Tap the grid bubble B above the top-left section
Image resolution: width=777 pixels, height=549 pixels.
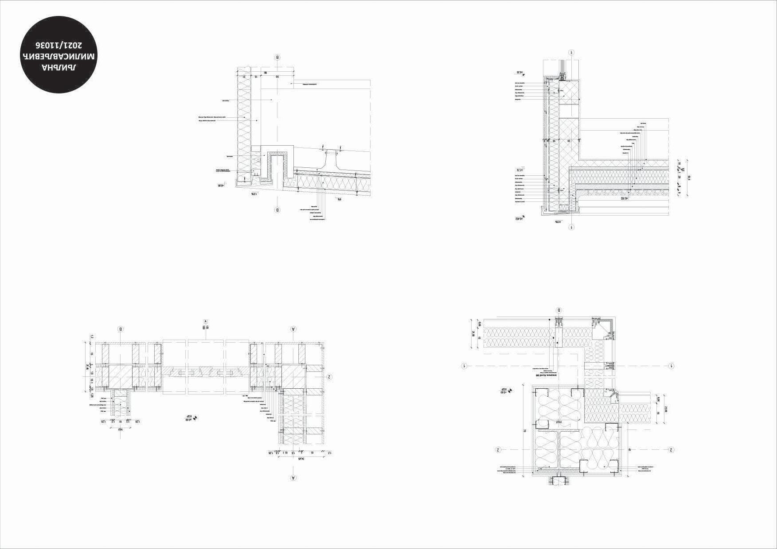click(x=277, y=57)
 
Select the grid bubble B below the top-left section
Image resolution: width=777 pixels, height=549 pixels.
click(x=277, y=210)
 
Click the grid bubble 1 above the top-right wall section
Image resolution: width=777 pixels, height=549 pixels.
click(x=572, y=52)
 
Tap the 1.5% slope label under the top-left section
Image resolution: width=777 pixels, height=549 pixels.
click(x=254, y=194)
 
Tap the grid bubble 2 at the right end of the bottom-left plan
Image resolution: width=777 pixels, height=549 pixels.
click(x=329, y=377)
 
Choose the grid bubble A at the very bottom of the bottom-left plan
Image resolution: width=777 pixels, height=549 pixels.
click(x=293, y=478)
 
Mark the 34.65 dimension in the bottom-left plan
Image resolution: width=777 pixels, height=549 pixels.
click(x=302, y=459)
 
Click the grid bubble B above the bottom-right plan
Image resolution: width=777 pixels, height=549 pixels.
click(x=559, y=310)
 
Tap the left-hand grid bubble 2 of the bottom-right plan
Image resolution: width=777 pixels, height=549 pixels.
click(x=498, y=450)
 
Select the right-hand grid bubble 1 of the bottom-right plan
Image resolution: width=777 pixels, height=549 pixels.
click(x=671, y=366)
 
